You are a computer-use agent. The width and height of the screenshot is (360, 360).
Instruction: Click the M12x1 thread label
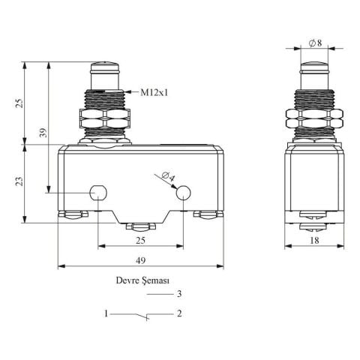154,93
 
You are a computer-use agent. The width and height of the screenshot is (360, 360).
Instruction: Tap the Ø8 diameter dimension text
315,43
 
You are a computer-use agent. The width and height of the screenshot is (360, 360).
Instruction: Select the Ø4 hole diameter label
168,176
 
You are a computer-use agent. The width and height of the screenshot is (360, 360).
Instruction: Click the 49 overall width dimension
140,260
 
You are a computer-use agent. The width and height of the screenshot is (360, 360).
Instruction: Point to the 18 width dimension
314,241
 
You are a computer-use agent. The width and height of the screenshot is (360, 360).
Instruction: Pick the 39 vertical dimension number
43,133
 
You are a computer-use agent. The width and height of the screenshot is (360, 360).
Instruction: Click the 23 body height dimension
19,181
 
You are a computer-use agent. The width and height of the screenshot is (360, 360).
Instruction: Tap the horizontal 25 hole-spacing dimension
140,241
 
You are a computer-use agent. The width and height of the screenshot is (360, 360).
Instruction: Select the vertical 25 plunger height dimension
19,103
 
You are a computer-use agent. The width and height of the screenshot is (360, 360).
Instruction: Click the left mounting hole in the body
98,193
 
